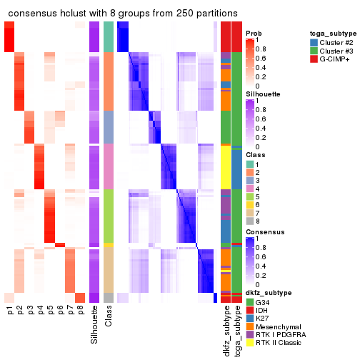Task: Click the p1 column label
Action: click(x=10, y=310)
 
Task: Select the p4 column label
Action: click(x=40, y=310)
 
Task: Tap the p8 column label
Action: click(x=80, y=310)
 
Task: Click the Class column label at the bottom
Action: click(x=109, y=317)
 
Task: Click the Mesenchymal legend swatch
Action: click(x=249, y=327)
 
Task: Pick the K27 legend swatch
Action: click(x=249, y=319)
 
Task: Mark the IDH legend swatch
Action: click(x=249, y=310)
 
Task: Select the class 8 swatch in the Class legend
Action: click(x=249, y=222)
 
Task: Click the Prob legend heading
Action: click(x=253, y=34)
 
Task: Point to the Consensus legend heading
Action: click(x=262, y=232)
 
